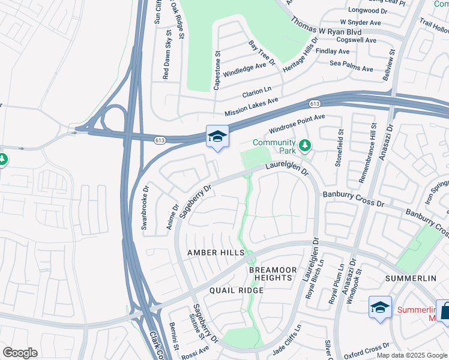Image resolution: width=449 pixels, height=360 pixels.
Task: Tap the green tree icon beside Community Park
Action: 306,145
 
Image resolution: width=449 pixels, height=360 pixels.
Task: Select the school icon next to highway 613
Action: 217,136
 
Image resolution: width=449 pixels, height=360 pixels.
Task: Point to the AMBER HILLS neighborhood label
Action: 215,253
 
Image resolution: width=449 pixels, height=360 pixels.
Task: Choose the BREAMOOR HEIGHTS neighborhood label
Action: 273,275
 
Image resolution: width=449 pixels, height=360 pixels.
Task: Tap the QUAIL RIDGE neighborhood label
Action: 237,290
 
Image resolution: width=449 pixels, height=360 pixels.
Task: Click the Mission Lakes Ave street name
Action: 252,108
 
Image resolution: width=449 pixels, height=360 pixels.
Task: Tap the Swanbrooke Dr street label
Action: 144,208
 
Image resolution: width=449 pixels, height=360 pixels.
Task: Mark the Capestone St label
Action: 217,71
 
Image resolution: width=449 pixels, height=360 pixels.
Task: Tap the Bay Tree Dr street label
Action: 261,53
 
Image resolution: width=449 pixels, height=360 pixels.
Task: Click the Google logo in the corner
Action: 19,353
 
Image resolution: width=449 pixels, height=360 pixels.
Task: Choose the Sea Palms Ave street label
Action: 351,65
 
